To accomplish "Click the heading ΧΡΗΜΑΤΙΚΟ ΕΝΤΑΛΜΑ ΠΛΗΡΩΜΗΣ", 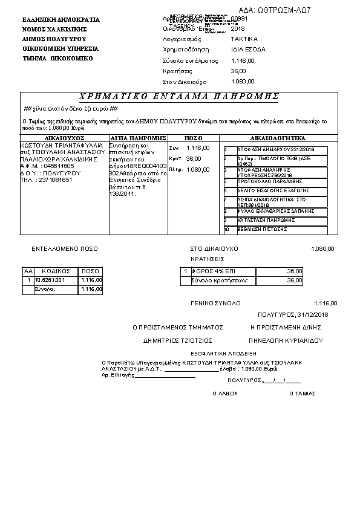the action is click(x=179, y=97).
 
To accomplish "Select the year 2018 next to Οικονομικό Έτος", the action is click(x=238, y=28).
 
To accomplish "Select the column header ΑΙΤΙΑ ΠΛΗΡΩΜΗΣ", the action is click(x=138, y=138).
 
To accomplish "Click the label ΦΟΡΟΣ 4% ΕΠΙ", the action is click(x=209, y=271).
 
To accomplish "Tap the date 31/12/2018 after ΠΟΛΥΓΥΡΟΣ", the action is click(x=312, y=314).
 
